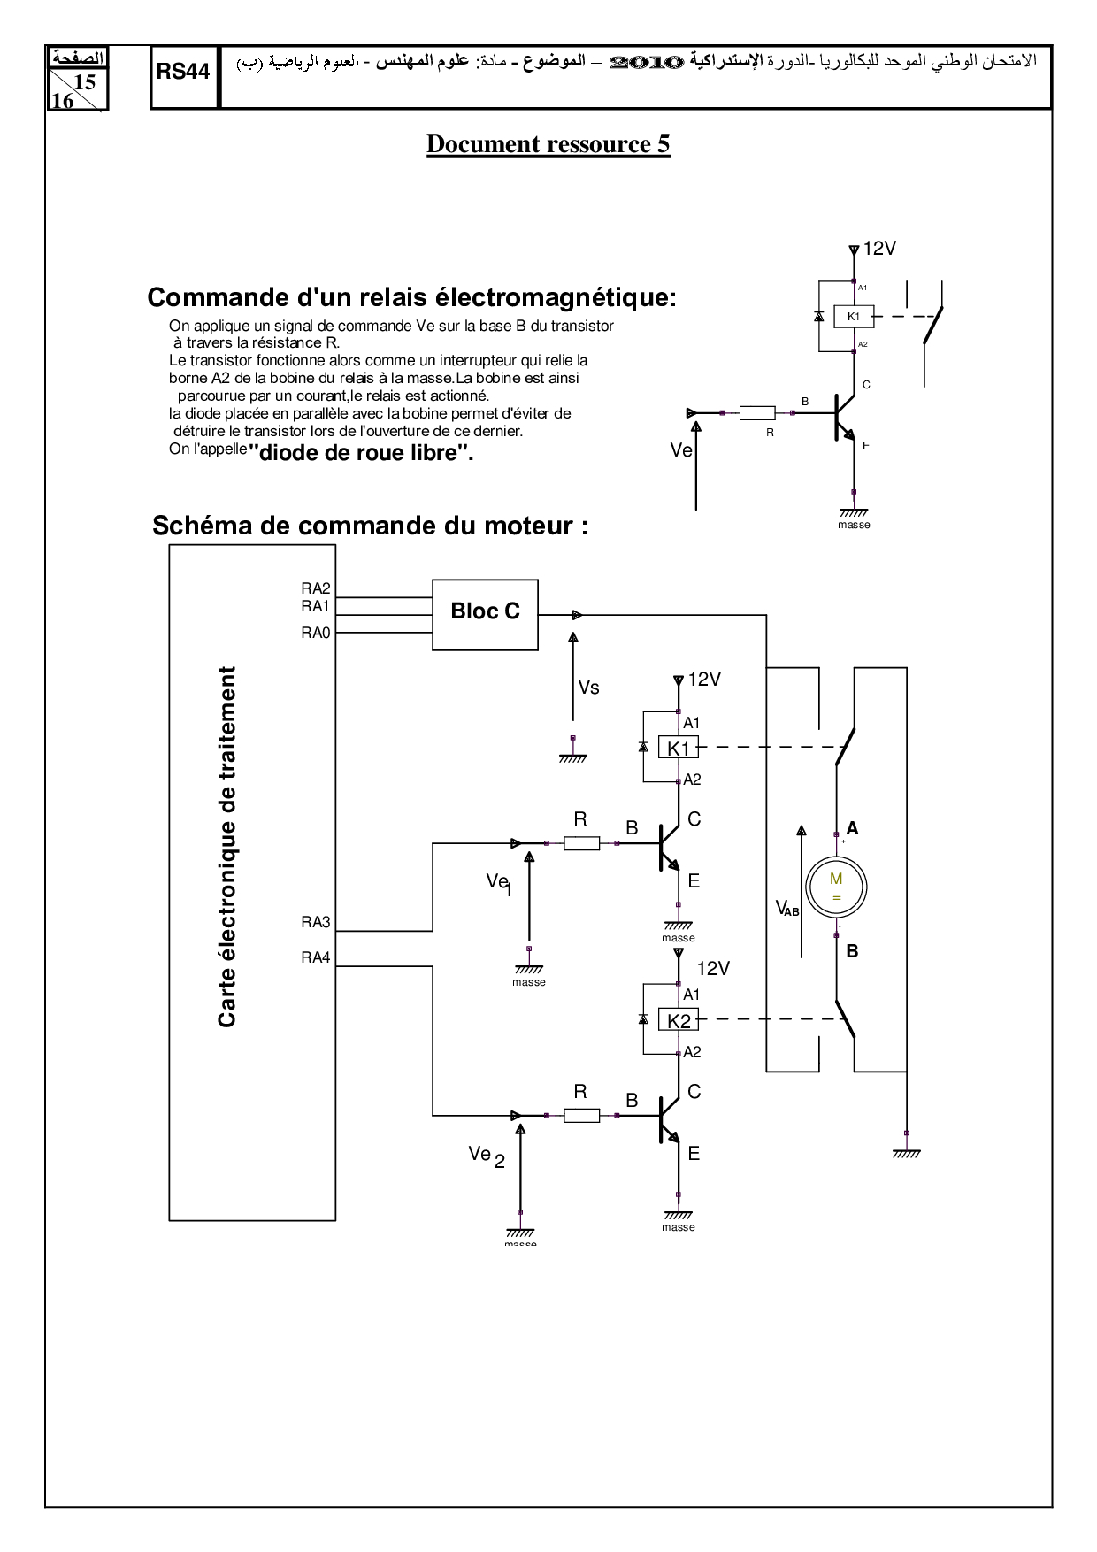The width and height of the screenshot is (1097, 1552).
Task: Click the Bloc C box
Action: click(x=485, y=614)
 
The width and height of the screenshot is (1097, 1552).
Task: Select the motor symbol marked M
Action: click(x=836, y=887)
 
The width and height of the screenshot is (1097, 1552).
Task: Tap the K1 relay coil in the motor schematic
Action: click(x=679, y=748)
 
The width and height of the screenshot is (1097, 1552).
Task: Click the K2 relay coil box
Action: click(x=679, y=1020)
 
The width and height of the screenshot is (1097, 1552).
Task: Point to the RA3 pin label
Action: click(x=315, y=922)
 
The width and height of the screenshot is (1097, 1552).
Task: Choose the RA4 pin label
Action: click(x=315, y=957)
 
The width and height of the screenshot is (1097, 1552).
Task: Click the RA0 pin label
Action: click(x=315, y=633)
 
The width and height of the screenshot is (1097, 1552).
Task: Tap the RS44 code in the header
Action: click(x=183, y=73)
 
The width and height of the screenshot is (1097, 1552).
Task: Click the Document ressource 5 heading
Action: click(x=548, y=144)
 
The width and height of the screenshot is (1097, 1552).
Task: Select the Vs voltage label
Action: click(x=588, y=688)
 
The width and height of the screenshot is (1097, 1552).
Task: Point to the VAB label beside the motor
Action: click(x=786, y=908)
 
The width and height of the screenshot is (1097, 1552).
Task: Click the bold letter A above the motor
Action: click(x=852, y=828)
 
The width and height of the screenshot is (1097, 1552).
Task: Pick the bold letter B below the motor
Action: click(x=852, y=951)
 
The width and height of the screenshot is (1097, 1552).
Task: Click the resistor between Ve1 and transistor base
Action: click(x=581, y=843)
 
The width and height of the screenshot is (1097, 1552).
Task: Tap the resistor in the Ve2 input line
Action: click(x=581, y=1116)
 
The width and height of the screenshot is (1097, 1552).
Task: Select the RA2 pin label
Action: click(x=315, y=588)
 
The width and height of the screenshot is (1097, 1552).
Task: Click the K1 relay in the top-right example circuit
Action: click(x=854, y=316)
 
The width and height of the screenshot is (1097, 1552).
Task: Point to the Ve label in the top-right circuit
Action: click(x=680, y=450)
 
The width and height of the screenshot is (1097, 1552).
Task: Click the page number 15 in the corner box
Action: click(x=85, y=82)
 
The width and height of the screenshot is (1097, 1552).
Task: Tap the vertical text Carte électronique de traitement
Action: click(x=227, y=846)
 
